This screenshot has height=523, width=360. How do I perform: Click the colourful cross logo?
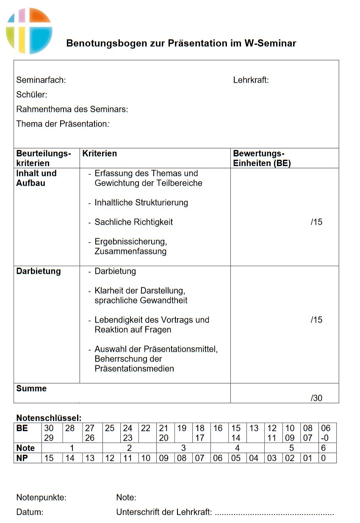click(29, 31)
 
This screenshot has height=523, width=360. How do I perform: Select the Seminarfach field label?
click(41, 80)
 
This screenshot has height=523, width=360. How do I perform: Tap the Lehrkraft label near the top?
click(251, 80)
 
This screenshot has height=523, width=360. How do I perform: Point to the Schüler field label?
click(31, 95)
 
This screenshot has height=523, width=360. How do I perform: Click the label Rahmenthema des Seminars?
click(72, 109)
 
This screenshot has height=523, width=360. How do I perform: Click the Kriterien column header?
click(100, 153)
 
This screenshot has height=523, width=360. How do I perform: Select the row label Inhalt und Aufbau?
click(36, 178)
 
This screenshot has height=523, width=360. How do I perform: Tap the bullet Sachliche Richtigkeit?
click(133, 222)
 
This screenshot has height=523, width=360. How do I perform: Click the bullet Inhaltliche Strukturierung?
click(141, 203)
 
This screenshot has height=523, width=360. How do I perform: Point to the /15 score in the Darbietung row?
click(316, 320)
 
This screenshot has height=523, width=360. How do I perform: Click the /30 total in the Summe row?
click(316, 398)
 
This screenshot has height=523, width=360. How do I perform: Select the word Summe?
click(31, 388)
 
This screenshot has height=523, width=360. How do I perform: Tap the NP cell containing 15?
click(49, 458)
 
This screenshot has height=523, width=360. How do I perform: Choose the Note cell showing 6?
click(323, 448)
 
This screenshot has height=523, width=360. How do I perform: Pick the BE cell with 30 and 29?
click(49, 433)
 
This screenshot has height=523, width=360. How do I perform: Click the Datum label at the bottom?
click(30, 512)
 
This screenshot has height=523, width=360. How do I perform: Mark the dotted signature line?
click(274, 513)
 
